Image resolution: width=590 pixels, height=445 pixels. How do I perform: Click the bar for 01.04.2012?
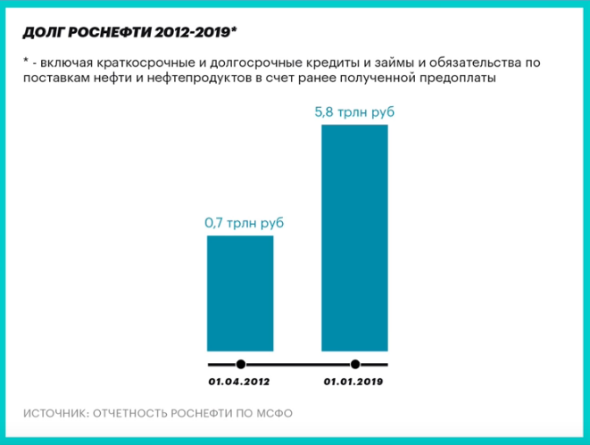coord(240,293)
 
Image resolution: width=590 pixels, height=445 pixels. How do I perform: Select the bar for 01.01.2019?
coord(354,238)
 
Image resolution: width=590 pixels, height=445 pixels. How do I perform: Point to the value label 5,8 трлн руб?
coord(354,113)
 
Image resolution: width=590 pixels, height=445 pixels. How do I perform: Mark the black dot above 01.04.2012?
coord(240,364)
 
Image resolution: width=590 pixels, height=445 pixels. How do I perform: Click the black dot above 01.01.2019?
coord(355,364)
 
